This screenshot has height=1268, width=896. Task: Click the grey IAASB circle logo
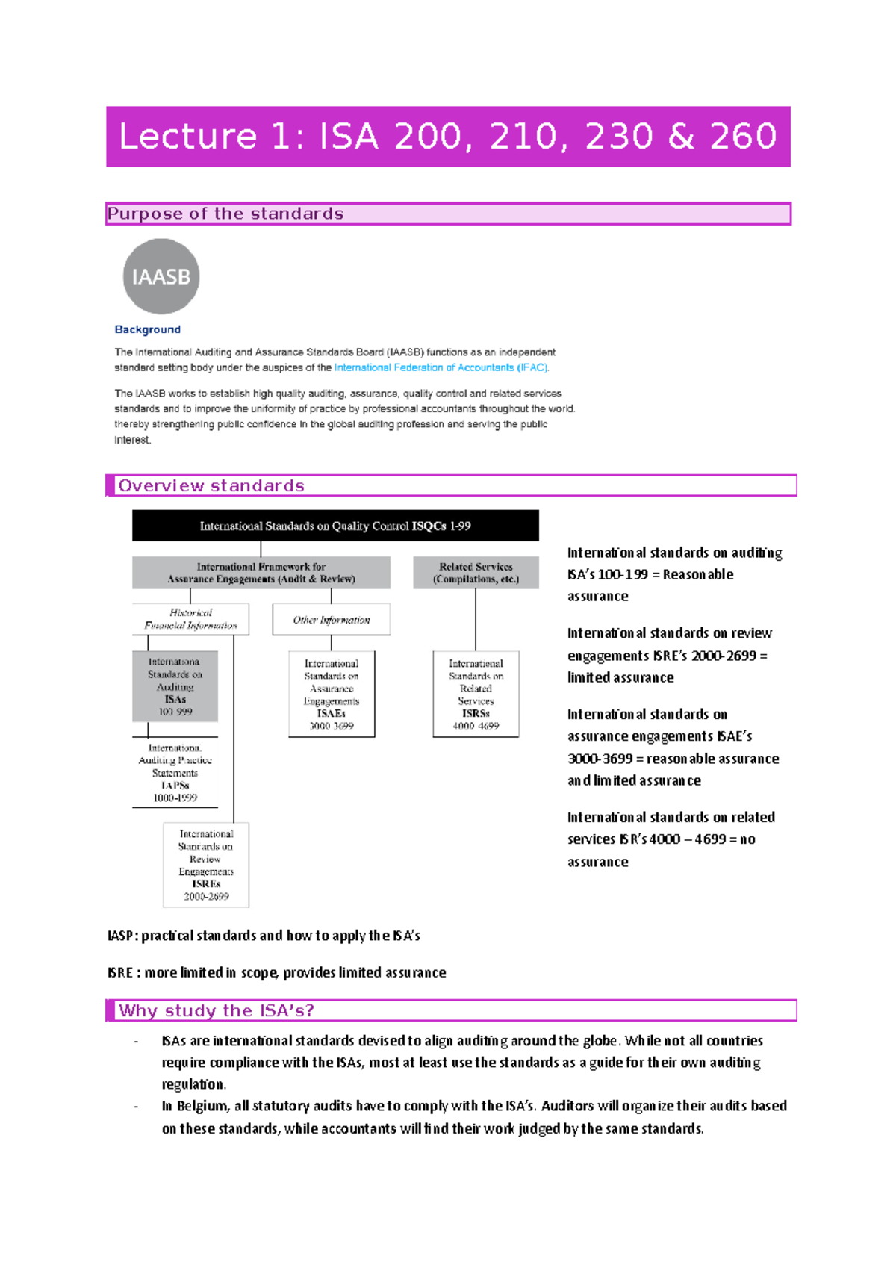pyautogui.click(x=161, y=276)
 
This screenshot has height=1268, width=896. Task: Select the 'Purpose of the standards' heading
pyautogui.click(x=225, y=214)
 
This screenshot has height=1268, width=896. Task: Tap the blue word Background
pyautogui.click(x=147, y=329)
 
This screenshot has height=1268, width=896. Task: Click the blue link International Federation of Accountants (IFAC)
pyautogui.click(x=441, y=367)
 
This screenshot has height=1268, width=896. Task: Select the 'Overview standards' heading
pyautogui.click(x=211, y=485)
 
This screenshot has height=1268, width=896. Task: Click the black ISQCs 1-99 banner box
pyautogui.click(x=335, y=526)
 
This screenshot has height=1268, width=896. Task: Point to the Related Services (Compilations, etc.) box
pyautogui.click(x=476, y=573)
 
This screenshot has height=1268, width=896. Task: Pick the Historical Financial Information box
pyautogui.click(x=190, y=619)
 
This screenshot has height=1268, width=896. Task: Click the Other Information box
pyautogui.click(x=331, y=620)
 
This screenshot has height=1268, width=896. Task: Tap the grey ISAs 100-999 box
pyautogui.click(x=175, y=686)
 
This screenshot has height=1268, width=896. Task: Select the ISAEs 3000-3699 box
pyautogui.click(x=332, y=694)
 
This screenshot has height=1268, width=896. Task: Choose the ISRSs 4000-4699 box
pyautogui.click(x=476, y=694)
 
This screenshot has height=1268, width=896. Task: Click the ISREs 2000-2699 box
pyautogui.click(x=206, y=865)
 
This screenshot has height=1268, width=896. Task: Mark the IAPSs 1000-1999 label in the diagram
pyautogui.click(x=175, y=773)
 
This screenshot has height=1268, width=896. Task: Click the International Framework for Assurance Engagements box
pyautogui.click(x=261, y=573)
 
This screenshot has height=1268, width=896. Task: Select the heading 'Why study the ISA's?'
pyautogui.click(x=217, y=1010)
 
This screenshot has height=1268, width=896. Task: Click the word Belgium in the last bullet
pyautogui.click(x=202, y=1106)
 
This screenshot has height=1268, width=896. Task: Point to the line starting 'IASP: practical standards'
pyautogui.click(x=264, y=936)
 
